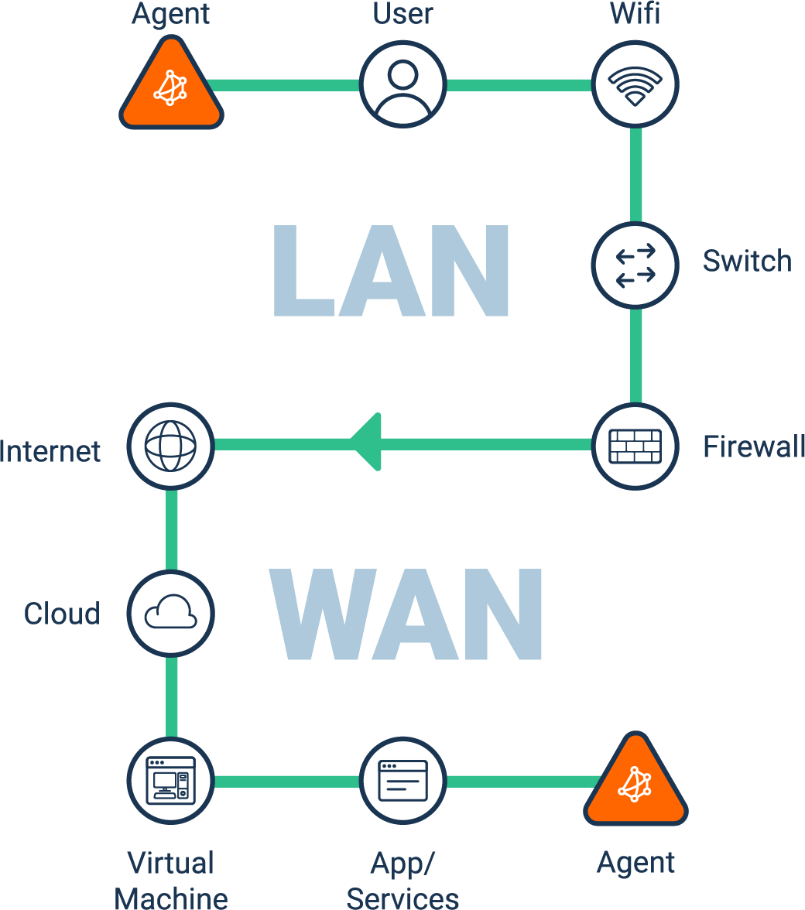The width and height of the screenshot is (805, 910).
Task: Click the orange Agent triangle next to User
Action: tap(171, 87)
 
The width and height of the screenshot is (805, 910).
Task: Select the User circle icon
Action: tap(402, 84)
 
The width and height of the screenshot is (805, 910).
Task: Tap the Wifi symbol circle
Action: tap(635, 84)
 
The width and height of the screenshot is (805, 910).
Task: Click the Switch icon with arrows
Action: tap(635, 265)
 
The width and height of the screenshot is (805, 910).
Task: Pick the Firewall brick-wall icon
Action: tap(635, 446)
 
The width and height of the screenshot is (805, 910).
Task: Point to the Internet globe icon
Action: tap(170, 446)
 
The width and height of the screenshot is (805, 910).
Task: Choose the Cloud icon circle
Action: tap(170, 614)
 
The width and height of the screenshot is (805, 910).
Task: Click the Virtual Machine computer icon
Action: tap(170, 780)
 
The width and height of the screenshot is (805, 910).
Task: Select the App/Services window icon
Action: tap(402, 780)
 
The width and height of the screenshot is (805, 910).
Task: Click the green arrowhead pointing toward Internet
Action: tap(367, 443)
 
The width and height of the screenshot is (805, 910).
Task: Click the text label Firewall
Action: tap(752, 447)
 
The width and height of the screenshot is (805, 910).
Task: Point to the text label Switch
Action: tap(747, 262)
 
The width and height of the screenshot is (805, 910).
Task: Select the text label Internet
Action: tap(50, 451)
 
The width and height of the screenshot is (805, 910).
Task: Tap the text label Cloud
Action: tap(62, 614)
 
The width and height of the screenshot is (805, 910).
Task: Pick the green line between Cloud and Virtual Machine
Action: tap(171, 696)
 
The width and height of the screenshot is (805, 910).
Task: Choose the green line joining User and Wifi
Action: tap(519, 84)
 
